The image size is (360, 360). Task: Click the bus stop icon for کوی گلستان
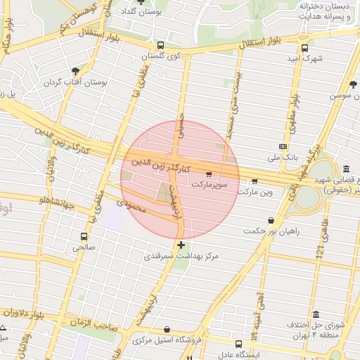[x=161, y=45]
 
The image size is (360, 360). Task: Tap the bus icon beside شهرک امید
[x=304, y=48]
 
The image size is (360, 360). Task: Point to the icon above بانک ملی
[x=283, y=146]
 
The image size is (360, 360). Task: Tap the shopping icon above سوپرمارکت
[x=208, y=174]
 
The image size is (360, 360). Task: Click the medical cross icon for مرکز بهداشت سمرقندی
[x=181, y=245]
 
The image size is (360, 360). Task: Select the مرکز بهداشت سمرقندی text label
[x=181, y=257]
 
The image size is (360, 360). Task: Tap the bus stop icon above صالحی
[x=84, y=237]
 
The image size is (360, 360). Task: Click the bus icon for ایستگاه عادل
[x=238, y=345]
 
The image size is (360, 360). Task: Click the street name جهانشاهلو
[x=39, y=200]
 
